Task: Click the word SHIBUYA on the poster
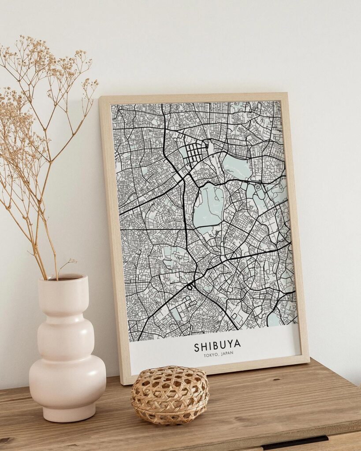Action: point(217,347)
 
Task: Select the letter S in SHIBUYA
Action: point(197,348)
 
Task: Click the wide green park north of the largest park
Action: point(237,167)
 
